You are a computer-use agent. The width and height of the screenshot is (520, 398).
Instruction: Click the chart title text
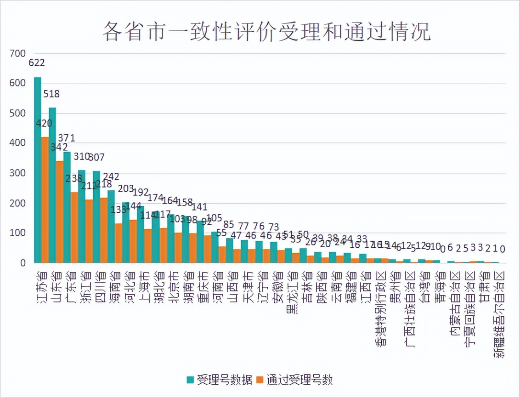click(x=266, y=31)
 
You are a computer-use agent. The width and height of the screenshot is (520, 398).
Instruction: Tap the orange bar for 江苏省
click(x=45, y=202)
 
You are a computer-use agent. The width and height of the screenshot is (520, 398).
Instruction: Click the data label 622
click(x=37, y=63)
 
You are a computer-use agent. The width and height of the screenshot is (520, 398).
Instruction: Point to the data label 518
click(x=51, y=94)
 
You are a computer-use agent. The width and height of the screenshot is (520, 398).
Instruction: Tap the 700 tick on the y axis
click(x=18, y=54)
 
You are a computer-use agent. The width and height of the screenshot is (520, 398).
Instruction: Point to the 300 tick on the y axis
click(x=18, y=174)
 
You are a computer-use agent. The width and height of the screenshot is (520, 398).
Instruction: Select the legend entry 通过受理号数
click(x=294, y=380)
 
